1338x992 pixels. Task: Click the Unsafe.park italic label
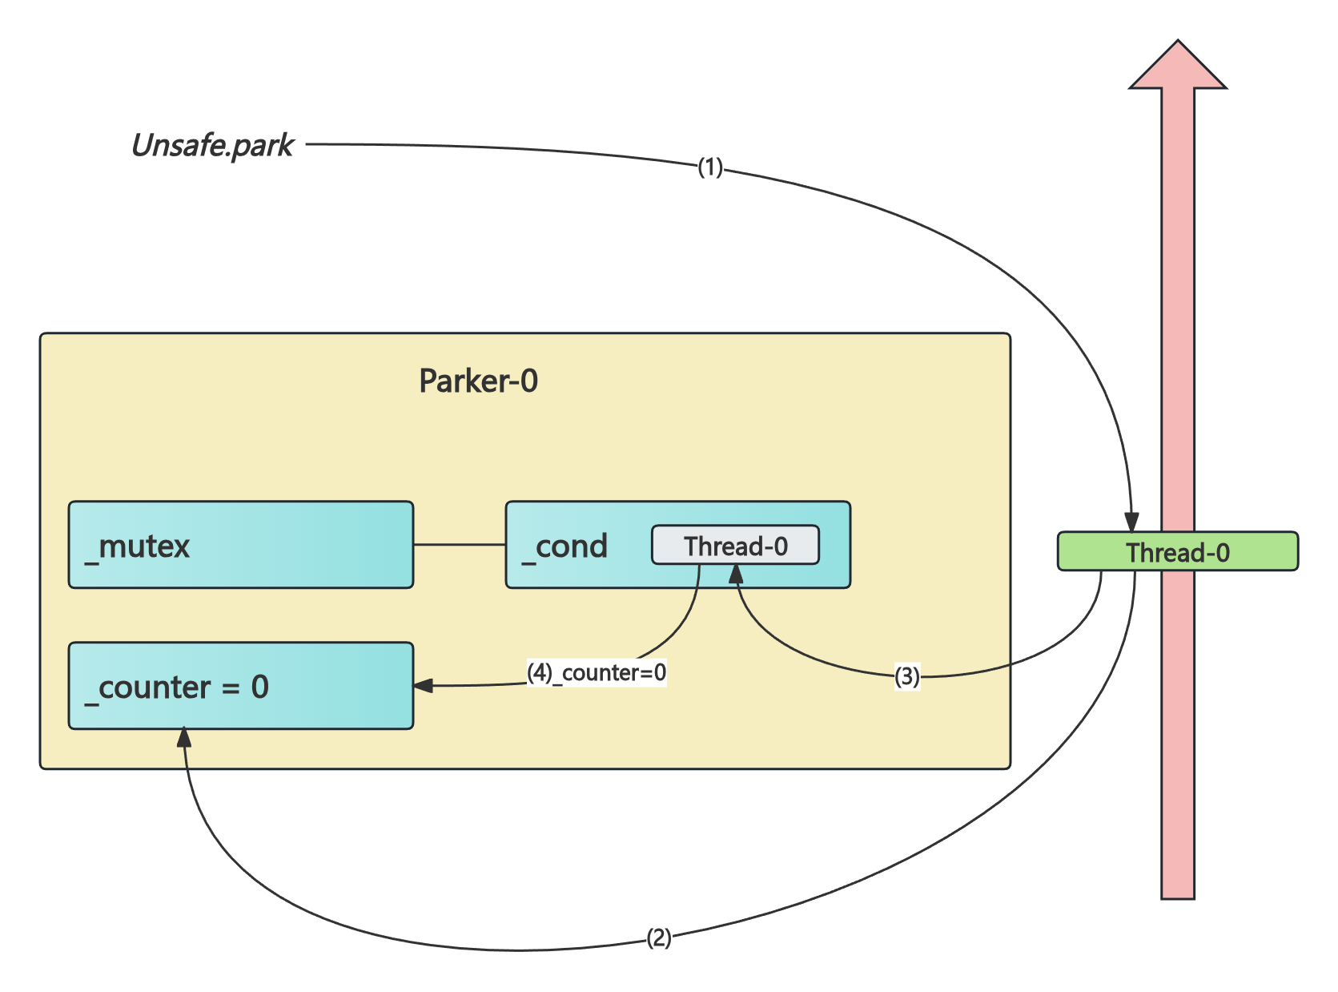(x=213, y=146)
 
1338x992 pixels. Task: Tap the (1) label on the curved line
(x=710, y=167)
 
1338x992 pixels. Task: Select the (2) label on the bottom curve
(x=658, y=938)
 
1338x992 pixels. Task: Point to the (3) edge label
(x=906, y=676)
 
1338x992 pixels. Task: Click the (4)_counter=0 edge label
(x=597, y=672)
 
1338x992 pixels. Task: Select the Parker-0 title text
(x=478, y=381)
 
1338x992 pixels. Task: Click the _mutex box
(x=240, y=545)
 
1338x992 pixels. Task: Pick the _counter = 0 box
(x=240, y=686)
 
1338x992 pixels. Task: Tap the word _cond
(x=565, y=546)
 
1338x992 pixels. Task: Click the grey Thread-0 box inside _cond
(x=735, y=546)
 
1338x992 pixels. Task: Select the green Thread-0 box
(x=1177, y=552)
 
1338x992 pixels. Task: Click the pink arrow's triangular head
(x=1178, y=67)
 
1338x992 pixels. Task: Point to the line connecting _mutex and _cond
(x=459, y=545)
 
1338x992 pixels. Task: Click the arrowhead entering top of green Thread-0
(x=1131, y=522)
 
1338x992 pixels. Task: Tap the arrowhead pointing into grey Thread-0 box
(x=736, y=573)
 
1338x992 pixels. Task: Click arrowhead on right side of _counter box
(x=423, y=686)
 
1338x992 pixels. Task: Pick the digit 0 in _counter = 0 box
(x=259, y=687)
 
